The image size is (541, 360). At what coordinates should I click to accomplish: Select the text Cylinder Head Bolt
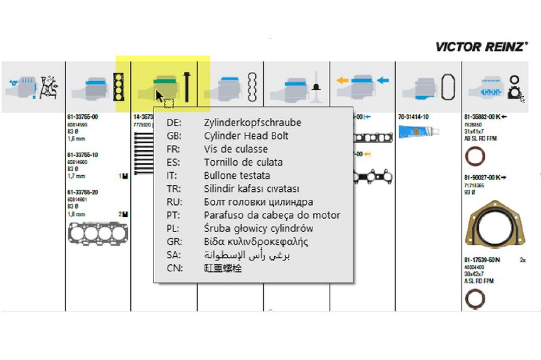tap(246, 136)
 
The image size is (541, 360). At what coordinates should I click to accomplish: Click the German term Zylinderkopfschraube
tap(253, 123)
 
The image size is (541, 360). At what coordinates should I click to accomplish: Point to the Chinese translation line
tap(223, 268)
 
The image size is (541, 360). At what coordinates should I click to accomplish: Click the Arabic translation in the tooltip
tap(247, 255)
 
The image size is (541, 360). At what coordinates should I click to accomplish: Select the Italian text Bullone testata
tap(237, 176)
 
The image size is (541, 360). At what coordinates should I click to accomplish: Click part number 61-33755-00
tap(83, 117)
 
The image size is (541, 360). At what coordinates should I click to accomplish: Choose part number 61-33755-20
tap(83, 192)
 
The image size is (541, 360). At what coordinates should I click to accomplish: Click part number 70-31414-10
tap(413, 117)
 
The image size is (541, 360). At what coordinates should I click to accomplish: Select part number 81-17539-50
tap(479, 260)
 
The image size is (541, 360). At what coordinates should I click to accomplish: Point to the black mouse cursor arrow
tap(160, 97)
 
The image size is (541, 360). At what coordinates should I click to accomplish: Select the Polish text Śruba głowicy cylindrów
tap(259, 228)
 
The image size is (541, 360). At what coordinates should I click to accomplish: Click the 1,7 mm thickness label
tap(76, 176)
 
